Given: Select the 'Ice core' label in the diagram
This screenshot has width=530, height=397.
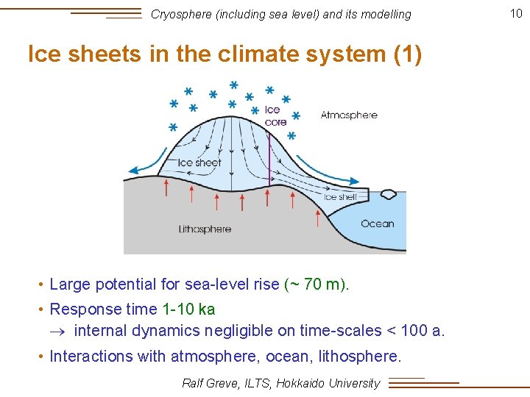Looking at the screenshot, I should pyautogui.click(x=275, y=116).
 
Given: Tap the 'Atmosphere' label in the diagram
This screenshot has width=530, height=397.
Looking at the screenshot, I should pyautogui.click(x=349, y=115).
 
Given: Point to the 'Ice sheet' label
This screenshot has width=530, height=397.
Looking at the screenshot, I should pyautogui.click(x=199, y=162).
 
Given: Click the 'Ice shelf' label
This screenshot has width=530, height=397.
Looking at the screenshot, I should pyautogui.click(x=340, y=197).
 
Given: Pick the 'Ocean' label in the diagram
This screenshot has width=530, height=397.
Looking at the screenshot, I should pyautogui.click(x=377, y=223).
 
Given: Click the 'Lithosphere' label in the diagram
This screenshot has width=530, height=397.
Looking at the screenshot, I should pyautogui.click(x=205, y=229).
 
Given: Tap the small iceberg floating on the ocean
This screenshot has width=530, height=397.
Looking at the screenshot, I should pyautogui.click(x=388, y=195).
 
